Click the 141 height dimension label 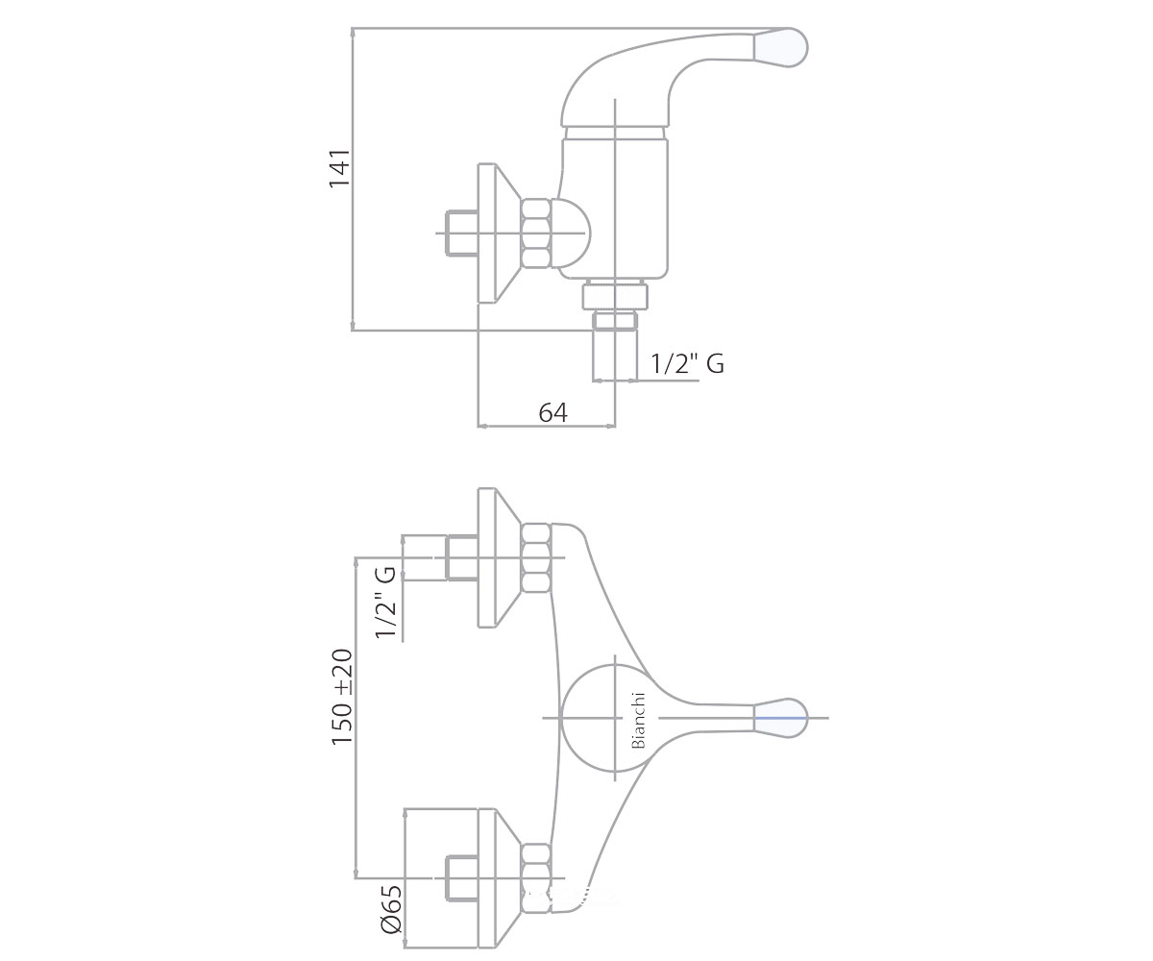coord(339,168)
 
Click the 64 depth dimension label coord(552,412)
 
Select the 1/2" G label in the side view coord(687,364)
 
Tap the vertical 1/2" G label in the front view coord(385,602)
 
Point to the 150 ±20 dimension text coord(342,697)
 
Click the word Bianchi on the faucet coord(638,720)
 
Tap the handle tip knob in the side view coord(780,47)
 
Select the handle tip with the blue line coord(780,718)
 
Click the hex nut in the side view coord(535,234)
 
